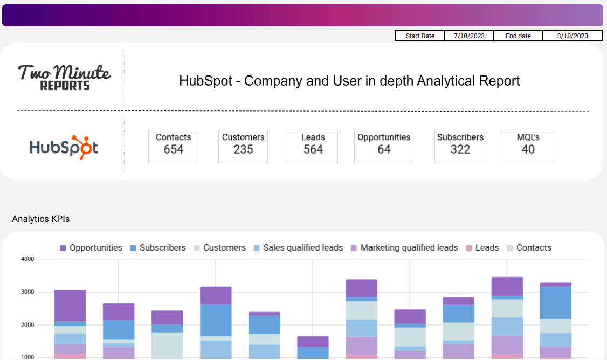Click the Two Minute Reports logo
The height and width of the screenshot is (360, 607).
tap(64, 78)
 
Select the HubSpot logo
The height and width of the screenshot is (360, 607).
tap(64, 147)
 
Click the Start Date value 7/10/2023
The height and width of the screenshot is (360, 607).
tap(468, 36)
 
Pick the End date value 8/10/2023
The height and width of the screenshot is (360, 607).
tap(572, 36)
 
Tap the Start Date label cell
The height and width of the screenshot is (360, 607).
tap(420, 36)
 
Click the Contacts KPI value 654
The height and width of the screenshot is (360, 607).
tap(174, 150)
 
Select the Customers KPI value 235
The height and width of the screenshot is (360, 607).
tap(243, 150)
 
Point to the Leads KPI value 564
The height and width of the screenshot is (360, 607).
tap(313, 150)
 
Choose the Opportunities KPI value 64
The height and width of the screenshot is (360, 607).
tap(384, 150)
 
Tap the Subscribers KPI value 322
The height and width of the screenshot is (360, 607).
tap(460, 150)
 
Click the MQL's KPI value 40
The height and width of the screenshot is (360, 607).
tap(528, 150)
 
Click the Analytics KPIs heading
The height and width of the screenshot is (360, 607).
tap(41, 219)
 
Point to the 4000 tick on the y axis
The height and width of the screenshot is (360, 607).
tap(28, 259)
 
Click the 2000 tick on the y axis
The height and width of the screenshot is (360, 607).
tap(28, 326)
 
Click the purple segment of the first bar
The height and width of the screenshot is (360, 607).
tap(70, 306)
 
